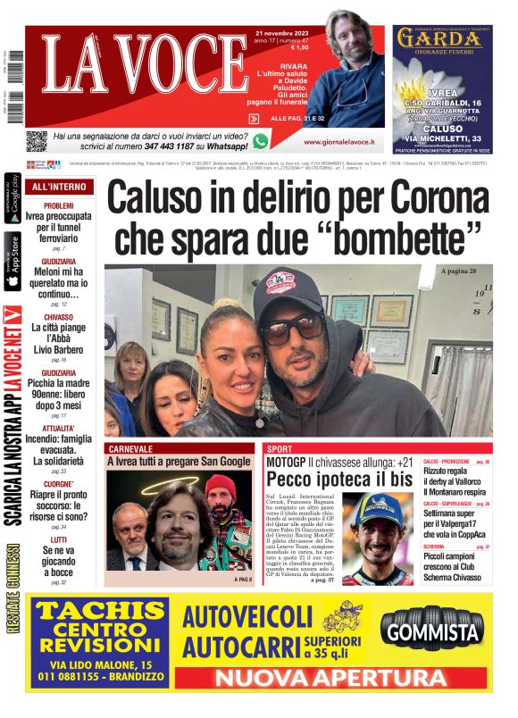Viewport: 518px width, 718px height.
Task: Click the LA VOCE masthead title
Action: (125, 63)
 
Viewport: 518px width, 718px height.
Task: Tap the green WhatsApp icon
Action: (261, 140)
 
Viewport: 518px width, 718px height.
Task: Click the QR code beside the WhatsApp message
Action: (36, 141)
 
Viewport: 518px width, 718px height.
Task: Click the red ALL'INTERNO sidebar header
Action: (59, 188)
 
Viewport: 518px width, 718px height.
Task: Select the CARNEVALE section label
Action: (130, 449)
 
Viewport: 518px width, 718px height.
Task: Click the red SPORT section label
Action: (280, 449)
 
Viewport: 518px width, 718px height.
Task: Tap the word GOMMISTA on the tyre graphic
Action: (433, 633)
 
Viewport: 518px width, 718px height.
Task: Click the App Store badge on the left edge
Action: (13, 263)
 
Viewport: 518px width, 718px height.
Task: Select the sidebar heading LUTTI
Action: (58, 539)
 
